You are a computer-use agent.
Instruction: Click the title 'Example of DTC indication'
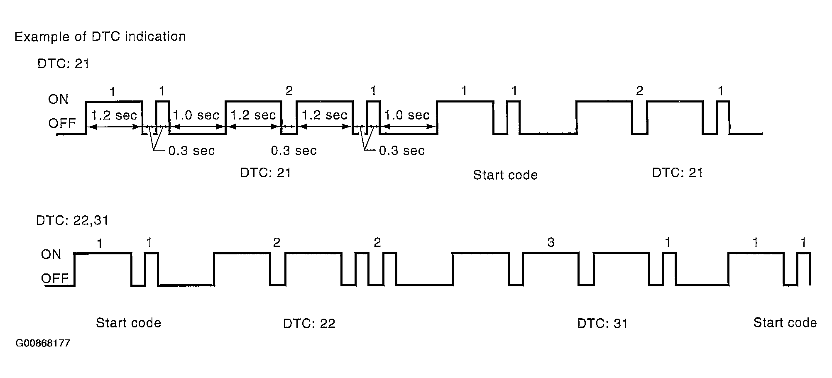pyautogui.click(x=100, y=37)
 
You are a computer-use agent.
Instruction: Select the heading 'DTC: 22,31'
pyautogui.click(x=72, y=220)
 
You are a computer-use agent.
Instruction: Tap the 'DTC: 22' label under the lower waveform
pyautogui.click(x=309, y=323)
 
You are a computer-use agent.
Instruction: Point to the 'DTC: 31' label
pyautogui.click(x=602, y=323)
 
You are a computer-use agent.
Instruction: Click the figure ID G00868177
pyautogui.click(x=43, y=344)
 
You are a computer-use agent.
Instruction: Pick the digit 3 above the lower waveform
pyautogui.click(x=551, y=242)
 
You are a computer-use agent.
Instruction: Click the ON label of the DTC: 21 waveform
pyautogui.click(x=58, y=99)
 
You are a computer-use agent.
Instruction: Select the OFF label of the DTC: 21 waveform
pyautogui.click(x=62, y=123)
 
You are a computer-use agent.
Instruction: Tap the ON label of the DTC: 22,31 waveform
pyautogui.click(x=51, y=254)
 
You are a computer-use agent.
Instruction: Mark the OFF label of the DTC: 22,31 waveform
pyautogui.click(x=54, y=278)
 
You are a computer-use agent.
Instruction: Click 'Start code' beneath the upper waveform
pyautogui.click(x=505, y=175)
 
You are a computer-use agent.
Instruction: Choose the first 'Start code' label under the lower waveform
pyautogui.click(x=128, y=323)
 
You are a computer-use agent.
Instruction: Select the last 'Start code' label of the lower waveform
pyautogui.click(x=785, y=322)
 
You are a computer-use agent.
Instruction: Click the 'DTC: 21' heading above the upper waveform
pyautogui.click(x=63, y=63)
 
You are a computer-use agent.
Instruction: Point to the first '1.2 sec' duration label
pyautogui.click(x=114, y=115)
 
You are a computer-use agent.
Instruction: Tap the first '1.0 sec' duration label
pyautogui.click(x=196, y=115)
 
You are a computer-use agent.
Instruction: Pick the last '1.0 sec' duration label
pyautogui.click(x=406, y=115)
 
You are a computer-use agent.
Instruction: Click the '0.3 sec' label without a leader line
pyautogui.click(x=294, y=150)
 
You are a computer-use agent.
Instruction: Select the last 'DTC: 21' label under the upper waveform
pyautogui.click(x=677, y=173)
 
